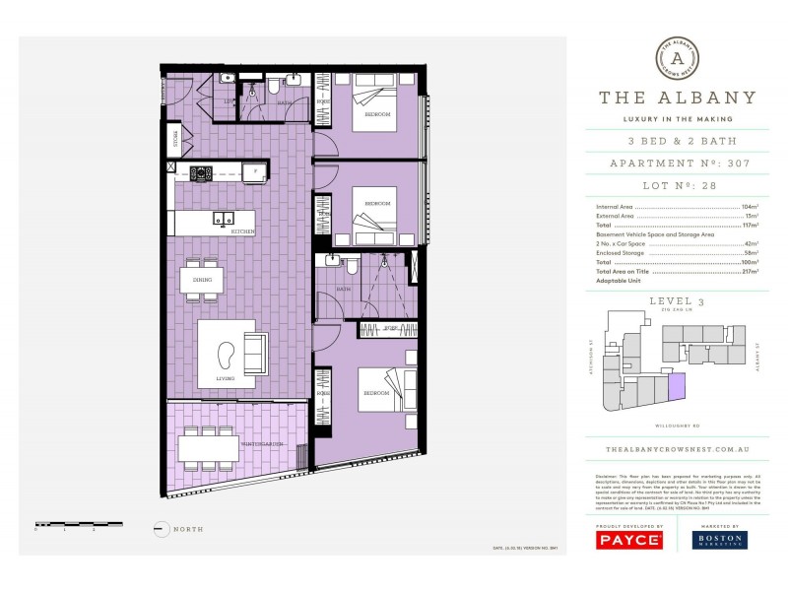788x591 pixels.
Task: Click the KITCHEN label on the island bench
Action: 242,230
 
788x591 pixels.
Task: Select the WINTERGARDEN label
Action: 263,444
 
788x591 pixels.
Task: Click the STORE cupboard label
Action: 175,136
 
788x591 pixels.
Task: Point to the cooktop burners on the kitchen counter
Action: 201,172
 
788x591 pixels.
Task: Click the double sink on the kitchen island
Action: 226,219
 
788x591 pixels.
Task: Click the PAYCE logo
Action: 628,540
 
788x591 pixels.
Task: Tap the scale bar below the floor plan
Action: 78,524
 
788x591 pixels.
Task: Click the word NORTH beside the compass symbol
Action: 187,529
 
